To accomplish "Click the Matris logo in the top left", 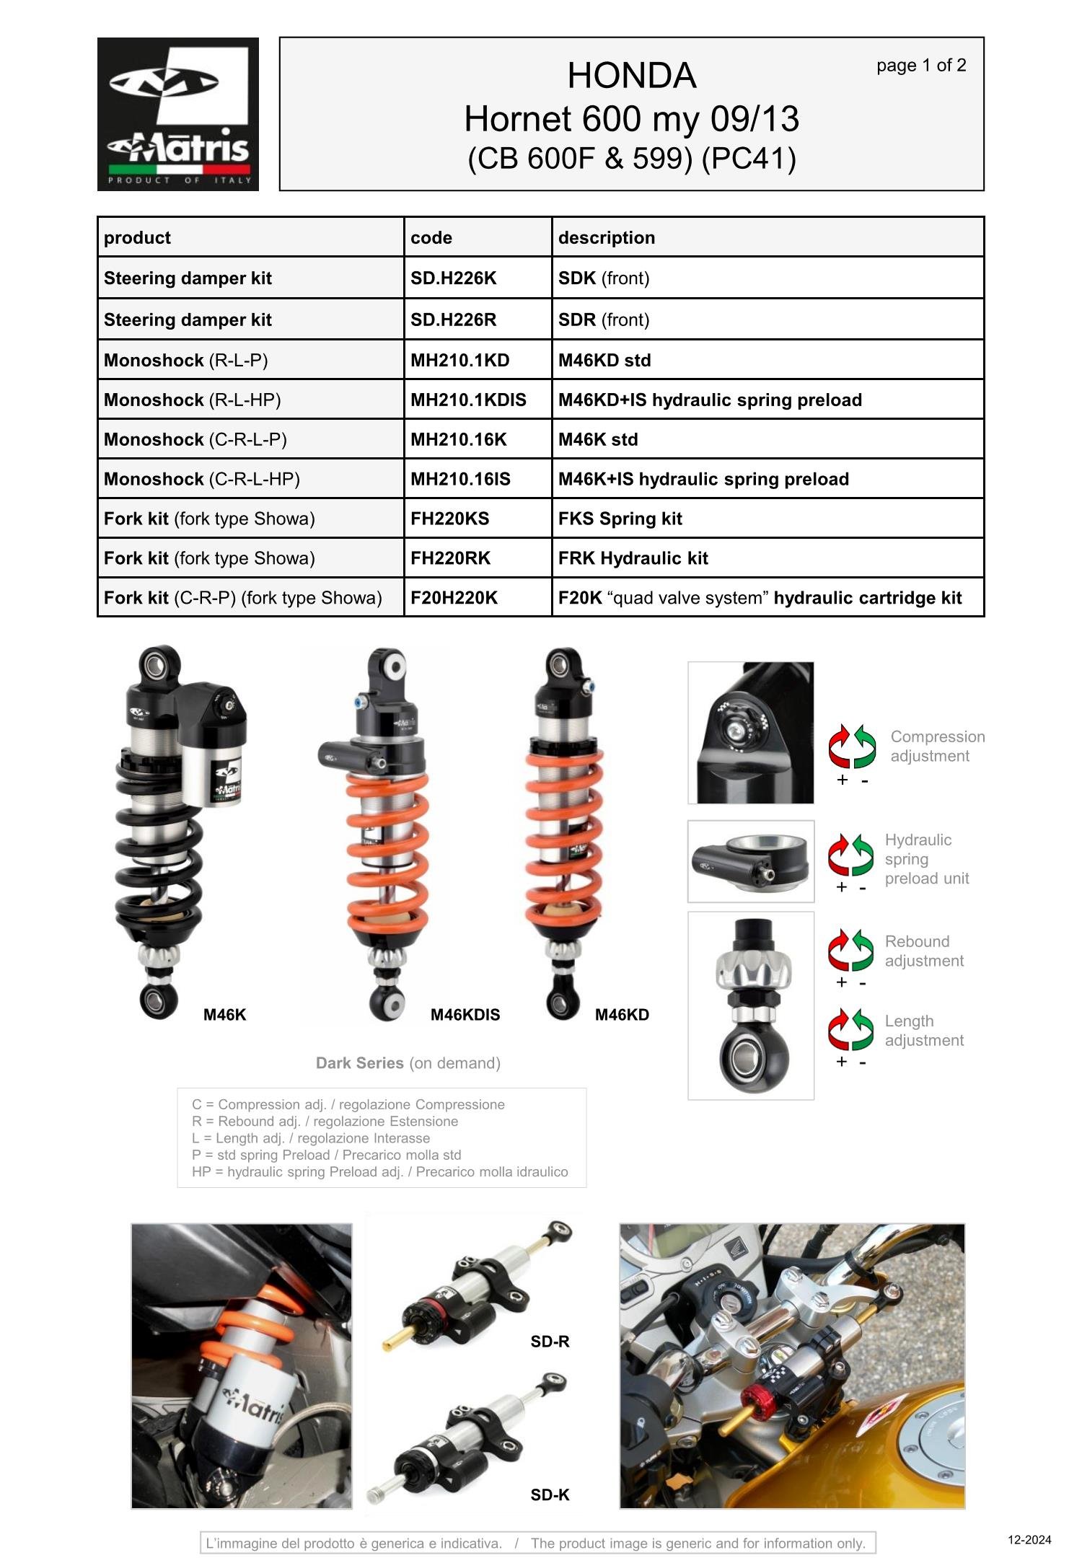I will (x=177, y=114).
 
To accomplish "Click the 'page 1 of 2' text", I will (x=920, y=66).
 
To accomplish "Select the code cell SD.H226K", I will (x=453, y=278).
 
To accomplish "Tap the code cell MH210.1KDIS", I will (x=468, y=400).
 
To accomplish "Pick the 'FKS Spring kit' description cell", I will (x=620, y=519).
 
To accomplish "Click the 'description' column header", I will (x=606, y=238).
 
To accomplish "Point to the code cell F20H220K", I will (x=454, y=598).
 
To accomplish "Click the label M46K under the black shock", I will (x=224, y=1015).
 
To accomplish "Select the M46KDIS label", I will (x=465, y=1015).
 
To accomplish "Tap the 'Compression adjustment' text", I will (x=936, y=746).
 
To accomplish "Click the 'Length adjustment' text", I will (x=923, y=1030).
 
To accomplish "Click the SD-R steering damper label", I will (x=550, y=1342).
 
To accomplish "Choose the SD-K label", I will (x=550, y=1494).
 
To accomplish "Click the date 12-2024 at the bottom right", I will (x=1029, y=1540).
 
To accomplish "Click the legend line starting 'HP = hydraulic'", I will (x=379, y=1171).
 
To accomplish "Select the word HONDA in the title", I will (x=631, y=76).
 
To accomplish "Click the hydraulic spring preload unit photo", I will (x=750, y=860).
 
